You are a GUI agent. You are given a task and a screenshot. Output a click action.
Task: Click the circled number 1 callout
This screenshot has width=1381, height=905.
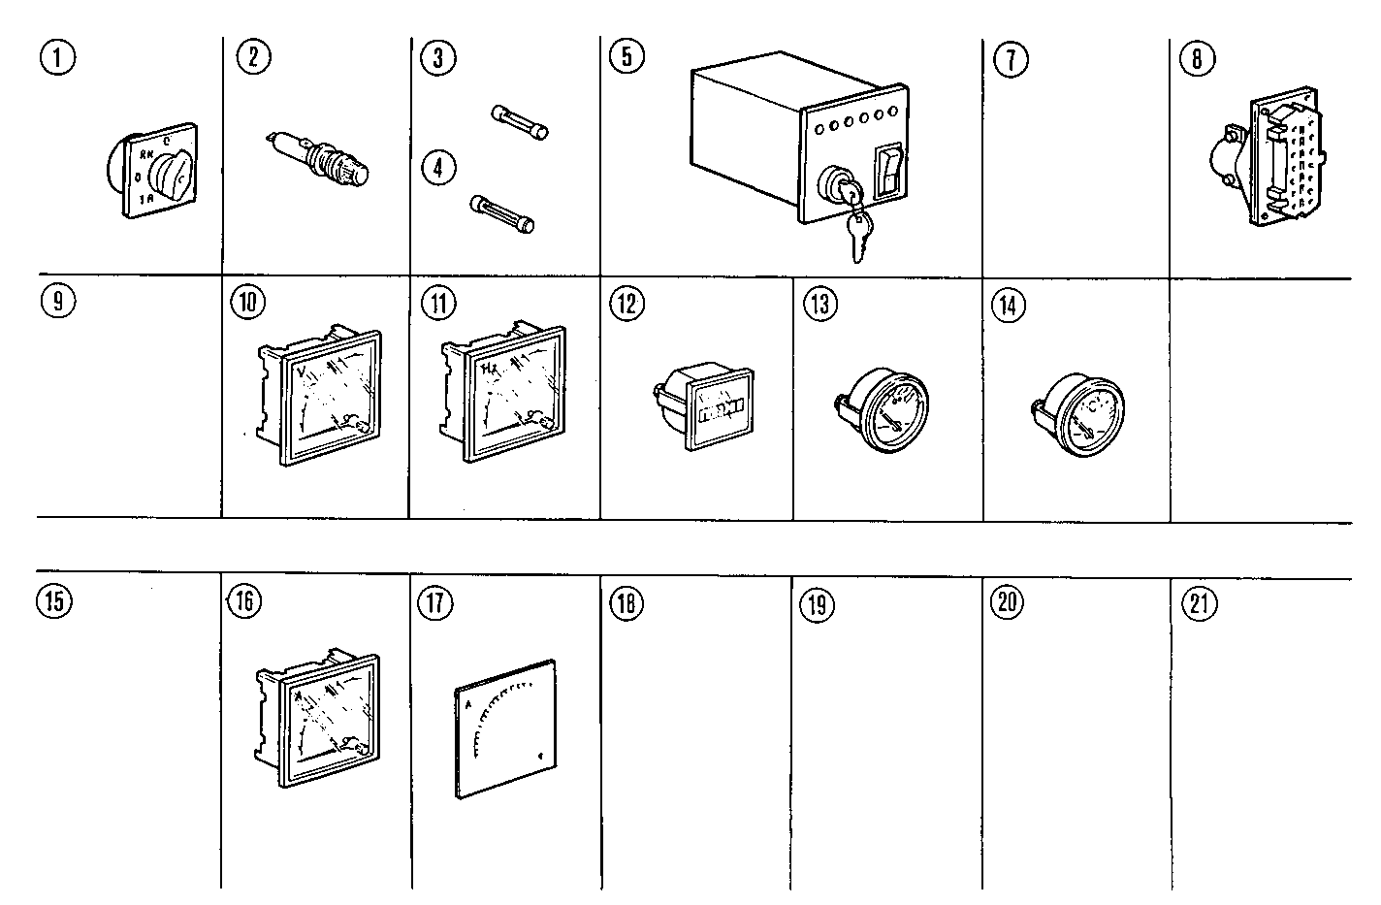[x=59, y=58]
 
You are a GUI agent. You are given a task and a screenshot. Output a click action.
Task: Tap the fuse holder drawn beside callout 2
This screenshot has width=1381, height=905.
[x=320, y=159]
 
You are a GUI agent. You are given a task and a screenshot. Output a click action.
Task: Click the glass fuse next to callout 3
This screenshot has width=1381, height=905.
[x=522, y=123]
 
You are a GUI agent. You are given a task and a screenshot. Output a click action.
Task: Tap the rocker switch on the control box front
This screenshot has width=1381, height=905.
[x=888, y=174]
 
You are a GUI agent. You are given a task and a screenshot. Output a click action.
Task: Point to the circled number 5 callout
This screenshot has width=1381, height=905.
[x=626, y=57]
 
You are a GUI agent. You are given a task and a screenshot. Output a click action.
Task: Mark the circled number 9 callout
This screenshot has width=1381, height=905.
[x=58, y=301]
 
